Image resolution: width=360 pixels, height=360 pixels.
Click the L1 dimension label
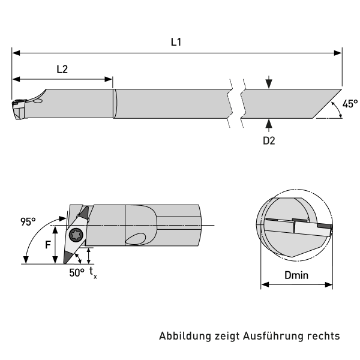tap(176, 43)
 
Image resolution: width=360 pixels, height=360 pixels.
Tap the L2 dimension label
tap(62, 68)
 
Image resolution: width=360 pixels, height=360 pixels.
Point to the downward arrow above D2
tap(269, 82)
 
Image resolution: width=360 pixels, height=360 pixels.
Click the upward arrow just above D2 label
tap(269, 123)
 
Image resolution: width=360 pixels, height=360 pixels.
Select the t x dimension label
tap(92, 272)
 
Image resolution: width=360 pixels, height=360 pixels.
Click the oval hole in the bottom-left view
tap(136, 238)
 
